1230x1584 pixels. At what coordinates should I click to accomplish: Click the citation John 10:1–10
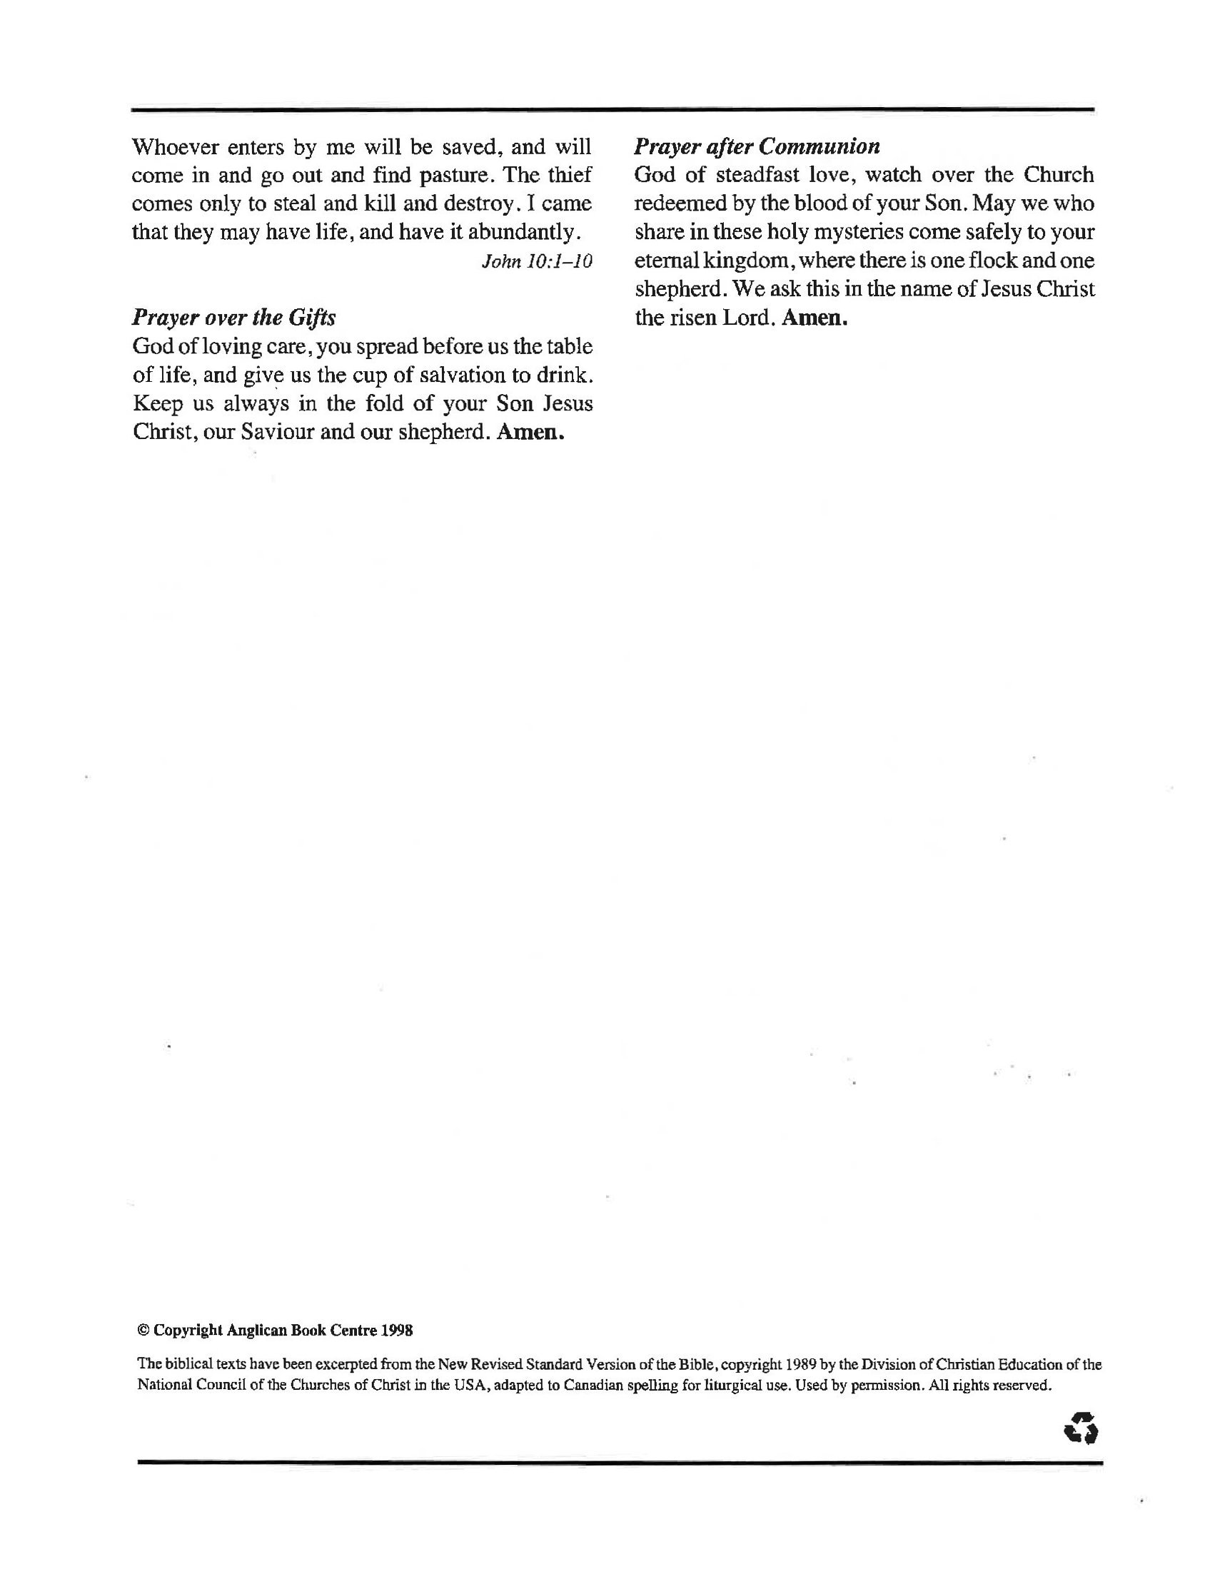(537, 261)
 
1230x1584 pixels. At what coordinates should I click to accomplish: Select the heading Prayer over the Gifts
(233, 318)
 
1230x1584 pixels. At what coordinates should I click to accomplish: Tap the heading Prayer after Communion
(757, 146)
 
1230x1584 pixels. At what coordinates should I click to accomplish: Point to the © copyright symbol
(143, 1331)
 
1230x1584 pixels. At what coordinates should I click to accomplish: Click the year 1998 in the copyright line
(398, 1331)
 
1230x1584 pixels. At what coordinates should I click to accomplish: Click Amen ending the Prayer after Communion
(815, 318)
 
